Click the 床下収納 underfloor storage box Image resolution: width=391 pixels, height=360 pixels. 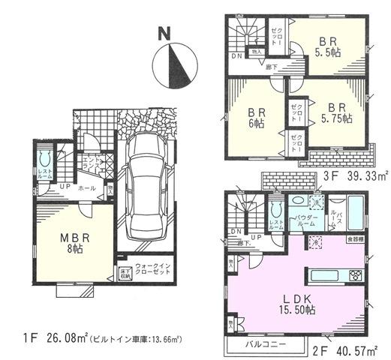click(x=122, y=274)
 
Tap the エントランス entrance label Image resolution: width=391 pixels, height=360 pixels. click(x=91, y=163)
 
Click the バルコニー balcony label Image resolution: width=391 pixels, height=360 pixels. click(x=266, y=346)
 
